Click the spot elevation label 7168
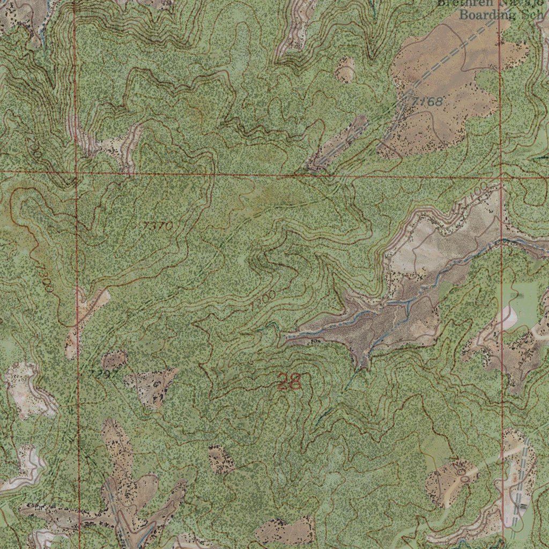[x=427, y=101]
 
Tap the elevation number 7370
[x=158, y=226]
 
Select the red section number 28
[x=290, y=382]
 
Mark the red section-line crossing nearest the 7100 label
[x=501, y=176]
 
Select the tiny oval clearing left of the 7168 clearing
[x=345, y=70]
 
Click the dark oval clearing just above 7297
[x=114, y=359]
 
